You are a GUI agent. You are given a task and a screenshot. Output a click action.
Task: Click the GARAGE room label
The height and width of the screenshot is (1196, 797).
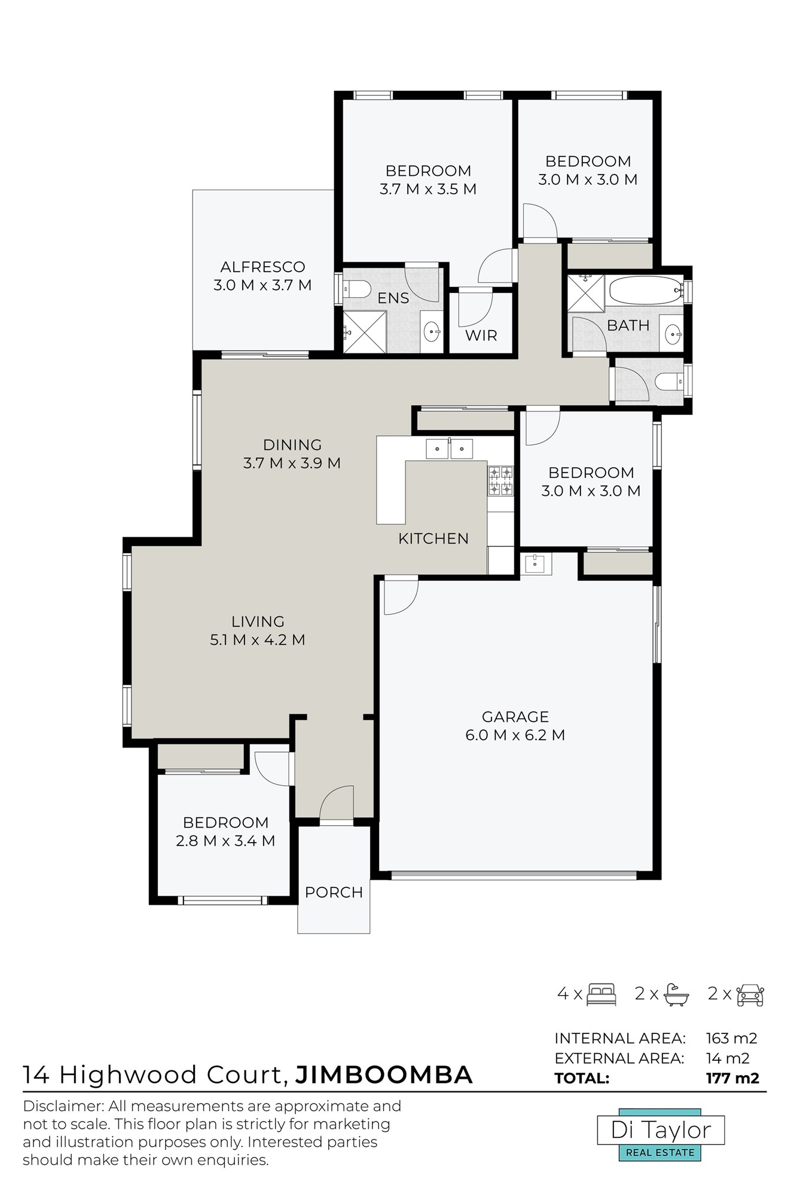pos(515,716)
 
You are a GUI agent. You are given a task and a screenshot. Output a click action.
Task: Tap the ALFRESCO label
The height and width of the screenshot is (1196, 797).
pos(262,267)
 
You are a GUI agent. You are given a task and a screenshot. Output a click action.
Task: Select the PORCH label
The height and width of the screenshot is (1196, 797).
pos(334,892)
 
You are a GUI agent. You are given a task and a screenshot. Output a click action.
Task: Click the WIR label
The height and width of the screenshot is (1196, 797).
pos(481,335)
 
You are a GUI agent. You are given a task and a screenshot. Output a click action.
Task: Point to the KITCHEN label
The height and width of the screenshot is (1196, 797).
pos(433,538)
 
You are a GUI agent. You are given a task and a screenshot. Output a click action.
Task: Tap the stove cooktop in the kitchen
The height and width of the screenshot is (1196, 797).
pos(501,481)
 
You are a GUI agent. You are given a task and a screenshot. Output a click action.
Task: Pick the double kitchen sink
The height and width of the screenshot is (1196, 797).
pos(449,448)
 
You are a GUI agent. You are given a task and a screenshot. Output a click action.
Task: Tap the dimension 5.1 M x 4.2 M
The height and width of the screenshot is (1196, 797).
pos(258,640)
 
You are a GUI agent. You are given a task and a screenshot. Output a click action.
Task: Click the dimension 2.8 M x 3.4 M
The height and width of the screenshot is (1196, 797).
pos(225,841)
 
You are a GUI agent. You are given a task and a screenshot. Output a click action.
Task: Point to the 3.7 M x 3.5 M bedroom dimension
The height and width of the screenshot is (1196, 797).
pos(428,189)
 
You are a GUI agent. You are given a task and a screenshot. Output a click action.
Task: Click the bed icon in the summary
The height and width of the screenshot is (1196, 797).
pos(601,994)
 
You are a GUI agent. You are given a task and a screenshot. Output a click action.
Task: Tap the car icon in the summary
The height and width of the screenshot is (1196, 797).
pos(750,994)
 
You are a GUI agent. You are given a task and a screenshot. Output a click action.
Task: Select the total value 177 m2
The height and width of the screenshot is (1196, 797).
pos(732,1078)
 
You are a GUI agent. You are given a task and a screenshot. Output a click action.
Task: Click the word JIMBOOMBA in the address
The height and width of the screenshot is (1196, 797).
pos(384,1075)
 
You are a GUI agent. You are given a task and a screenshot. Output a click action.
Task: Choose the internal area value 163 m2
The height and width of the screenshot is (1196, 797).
pos(731,1038)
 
